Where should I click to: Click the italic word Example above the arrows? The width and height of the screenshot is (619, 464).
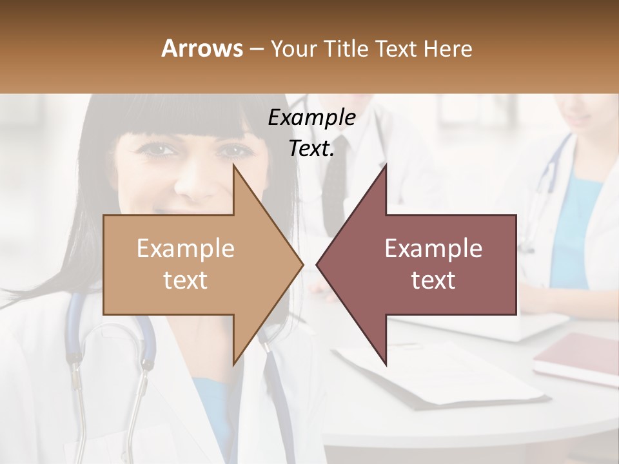point(311,118)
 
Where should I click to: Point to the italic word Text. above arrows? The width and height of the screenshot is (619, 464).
point(311,149)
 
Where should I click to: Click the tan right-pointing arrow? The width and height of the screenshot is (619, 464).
point(193,264)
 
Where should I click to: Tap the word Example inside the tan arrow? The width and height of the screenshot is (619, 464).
point(186,249)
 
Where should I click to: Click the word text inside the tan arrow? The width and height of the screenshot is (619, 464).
point(186,280)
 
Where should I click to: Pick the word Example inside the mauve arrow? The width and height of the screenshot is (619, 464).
point(433,249)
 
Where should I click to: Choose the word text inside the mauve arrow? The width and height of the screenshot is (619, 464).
point(433,280)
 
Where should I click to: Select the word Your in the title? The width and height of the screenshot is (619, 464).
point(293,48)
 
